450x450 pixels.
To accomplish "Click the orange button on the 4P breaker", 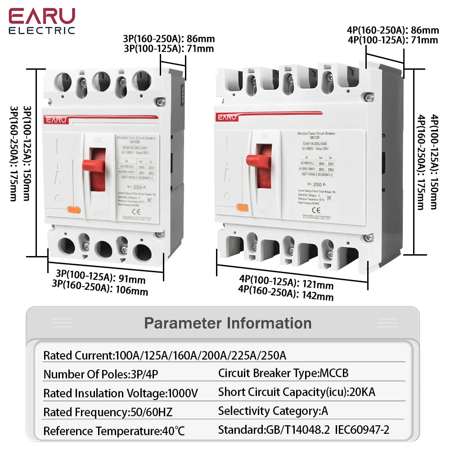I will tap(243, 207).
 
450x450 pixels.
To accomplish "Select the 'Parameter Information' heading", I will tap(228, 323).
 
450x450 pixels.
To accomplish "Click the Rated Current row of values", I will tap(165, 355).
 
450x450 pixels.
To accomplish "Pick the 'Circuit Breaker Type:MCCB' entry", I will tap(283, 373).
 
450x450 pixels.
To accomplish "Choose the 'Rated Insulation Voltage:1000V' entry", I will tap(120, 393).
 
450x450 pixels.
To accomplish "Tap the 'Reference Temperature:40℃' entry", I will tap(114, 431).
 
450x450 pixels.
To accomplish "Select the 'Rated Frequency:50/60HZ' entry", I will tap(108, 412).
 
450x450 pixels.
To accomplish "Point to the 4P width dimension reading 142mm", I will tap(286, 295).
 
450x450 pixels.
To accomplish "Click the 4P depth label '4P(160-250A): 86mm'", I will tap(392, 31).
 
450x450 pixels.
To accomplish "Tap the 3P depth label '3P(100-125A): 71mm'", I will tap(169, 49).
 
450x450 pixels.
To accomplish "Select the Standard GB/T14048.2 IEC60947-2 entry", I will tap(304, 430).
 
